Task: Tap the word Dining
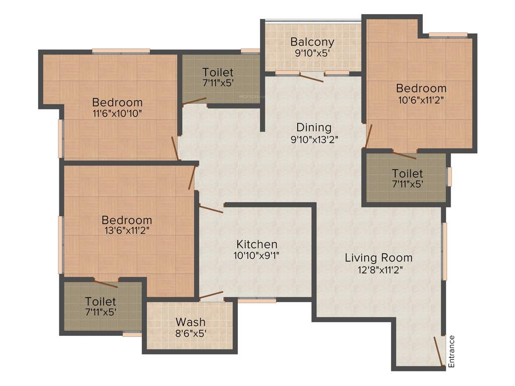(x=313, y=127)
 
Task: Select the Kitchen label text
(x=257, y=244)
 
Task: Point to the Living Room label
(x=379, y=258)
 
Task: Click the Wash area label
(x=191, y=322)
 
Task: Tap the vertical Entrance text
(x=452, y=351)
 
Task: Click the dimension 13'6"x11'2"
(x=127, y=231)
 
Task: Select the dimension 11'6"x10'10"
(x=117, y=114)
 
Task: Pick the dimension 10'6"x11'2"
(x=421, y=100)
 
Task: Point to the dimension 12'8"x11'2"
(x=379, y=269)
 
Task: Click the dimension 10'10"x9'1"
(x=257, y=255)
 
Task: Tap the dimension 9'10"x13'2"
(x=313, y=139)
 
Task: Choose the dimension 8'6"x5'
(x=191, y=333)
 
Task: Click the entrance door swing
(x=439, y=353)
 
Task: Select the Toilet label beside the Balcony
(x=218, y=71)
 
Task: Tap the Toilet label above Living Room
(x=407, y=173)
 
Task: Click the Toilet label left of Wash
(x=101, y=302)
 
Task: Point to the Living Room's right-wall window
(x=444, y=251)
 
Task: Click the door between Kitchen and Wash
(x=211, y=296)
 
